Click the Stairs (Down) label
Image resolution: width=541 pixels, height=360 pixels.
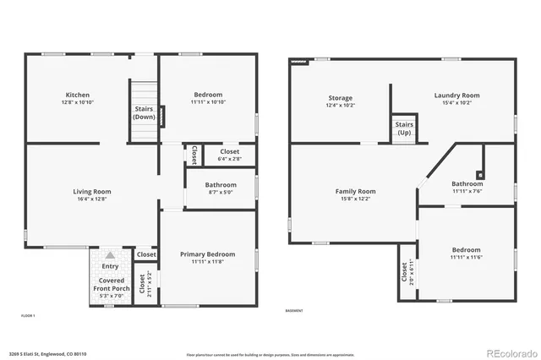tap(144, 113)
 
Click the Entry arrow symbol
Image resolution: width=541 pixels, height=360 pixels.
tap(110, 254)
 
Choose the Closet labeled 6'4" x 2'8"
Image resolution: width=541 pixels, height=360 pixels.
tap(229, 155)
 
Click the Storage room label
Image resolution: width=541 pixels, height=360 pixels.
tap(340, 101)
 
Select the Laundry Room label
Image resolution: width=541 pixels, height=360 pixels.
tap(456, 99)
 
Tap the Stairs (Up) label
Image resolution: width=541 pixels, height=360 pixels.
tap(404, 129)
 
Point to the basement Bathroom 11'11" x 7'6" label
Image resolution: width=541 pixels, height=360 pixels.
tap(467, 187)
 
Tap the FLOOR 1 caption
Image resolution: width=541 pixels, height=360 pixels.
tap(28, 315)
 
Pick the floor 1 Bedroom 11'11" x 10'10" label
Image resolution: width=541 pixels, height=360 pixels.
tap(207, 98)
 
